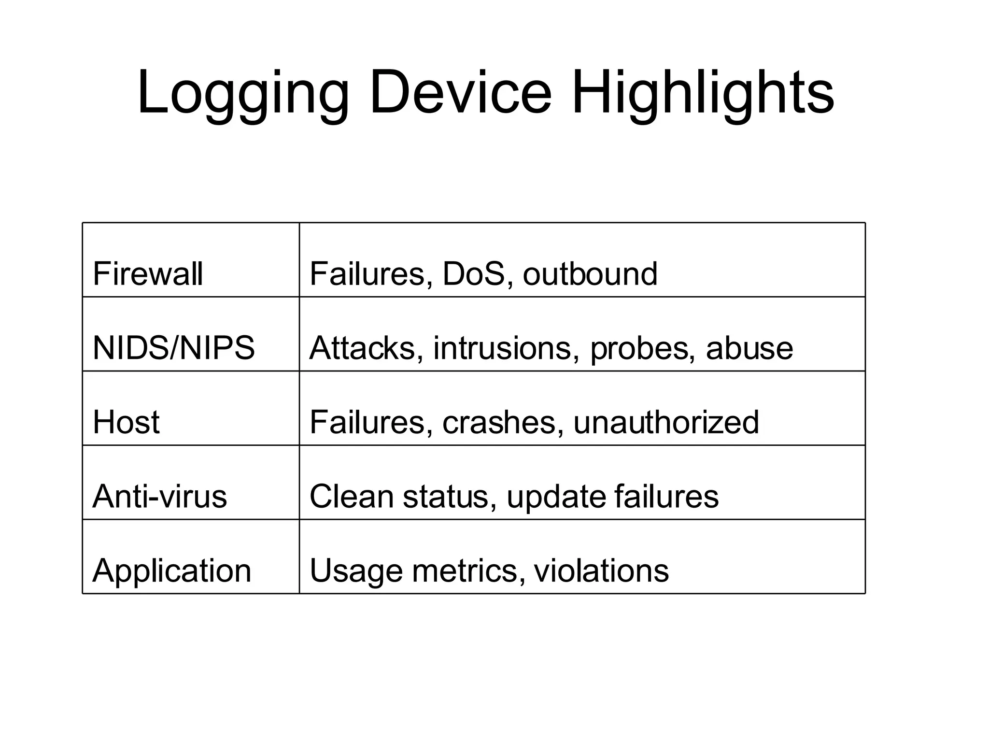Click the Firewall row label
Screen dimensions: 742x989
(x=147, y=273)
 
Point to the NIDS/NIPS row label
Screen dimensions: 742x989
(x=173, y=348)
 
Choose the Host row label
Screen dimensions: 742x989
(x=126, y=422)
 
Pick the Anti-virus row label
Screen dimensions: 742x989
(x=159, y=496)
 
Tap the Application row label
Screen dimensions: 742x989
(x=172, y=571)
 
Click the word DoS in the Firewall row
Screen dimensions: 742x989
(x=474, y=273)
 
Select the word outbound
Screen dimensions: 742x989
(x=590, y=273)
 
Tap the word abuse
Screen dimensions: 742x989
(x=749, y=348)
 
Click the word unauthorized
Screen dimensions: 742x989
(x=666, y=422)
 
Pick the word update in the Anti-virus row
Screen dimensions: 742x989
(x=555, y=497)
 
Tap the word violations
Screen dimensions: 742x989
(x=601, y=571)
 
